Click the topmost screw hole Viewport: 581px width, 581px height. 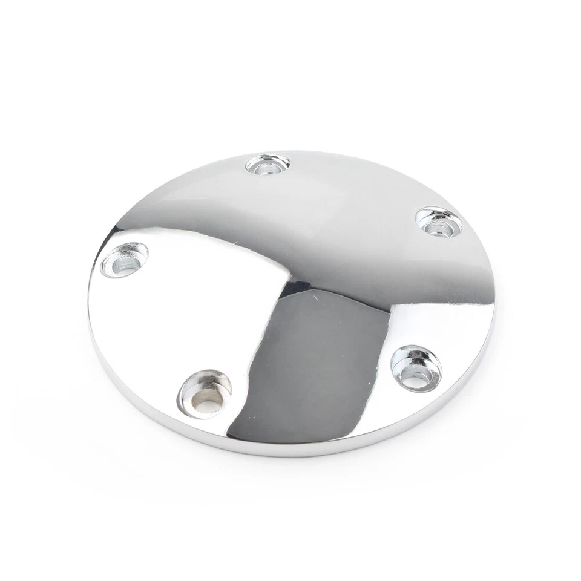click(x=268, y=164)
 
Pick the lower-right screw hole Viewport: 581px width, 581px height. click(x=416, y=368)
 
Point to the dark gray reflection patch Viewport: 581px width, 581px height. click(x=315, y=363)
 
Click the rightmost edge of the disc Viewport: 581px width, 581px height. click(x=495, y=309)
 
